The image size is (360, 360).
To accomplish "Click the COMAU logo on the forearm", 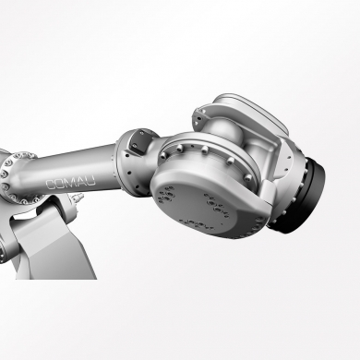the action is tap(70, 183).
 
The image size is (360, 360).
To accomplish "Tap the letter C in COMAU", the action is tap(51, 185).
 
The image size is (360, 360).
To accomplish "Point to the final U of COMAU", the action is tap(90, 181).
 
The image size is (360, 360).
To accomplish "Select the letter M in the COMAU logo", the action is tap(70, 183).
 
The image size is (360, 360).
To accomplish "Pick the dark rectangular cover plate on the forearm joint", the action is tap(139, 143).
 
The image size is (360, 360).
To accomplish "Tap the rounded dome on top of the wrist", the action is tap(222, 130).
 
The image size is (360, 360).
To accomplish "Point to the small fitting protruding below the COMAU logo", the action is tap(78, 198).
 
